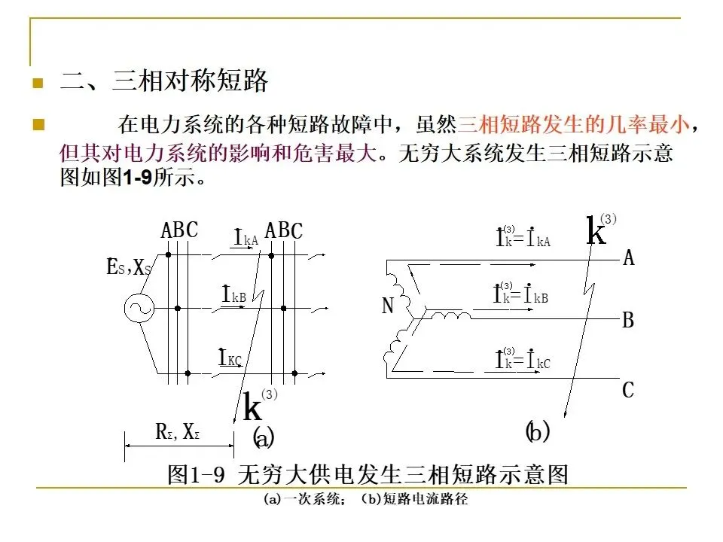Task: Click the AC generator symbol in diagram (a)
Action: click(x=139, y=307)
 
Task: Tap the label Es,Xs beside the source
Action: click(x=129, y=267)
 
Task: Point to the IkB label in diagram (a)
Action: click(x=233, y=295)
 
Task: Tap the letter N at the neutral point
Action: click(x=389, y=306)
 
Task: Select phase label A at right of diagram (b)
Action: click(x=628, y=259)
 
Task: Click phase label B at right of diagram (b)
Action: click(x=628, y=321)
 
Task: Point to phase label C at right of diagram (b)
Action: click(x=628, y=391)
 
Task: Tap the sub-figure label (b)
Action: click(x=537, y=432)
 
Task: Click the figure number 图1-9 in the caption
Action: click(x=197, y=475)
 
